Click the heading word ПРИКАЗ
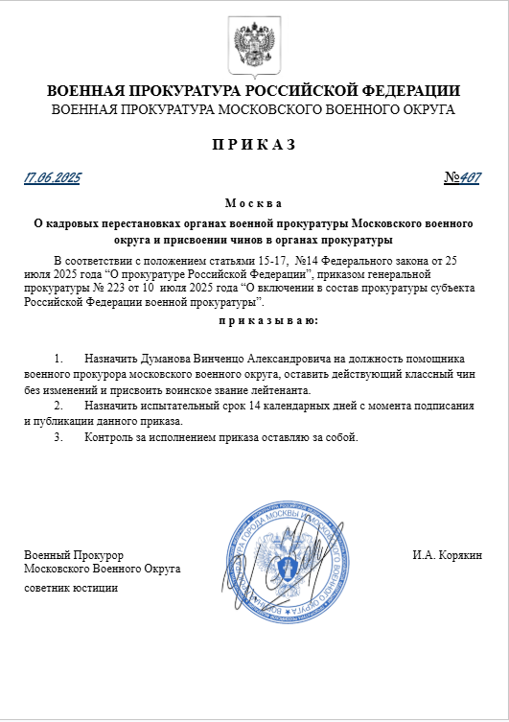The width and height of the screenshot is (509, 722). pos(254,145)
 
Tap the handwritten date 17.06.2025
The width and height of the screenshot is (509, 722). pos(54,178)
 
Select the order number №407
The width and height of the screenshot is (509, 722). pos(463,178)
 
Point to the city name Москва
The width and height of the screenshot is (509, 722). pos(253,203)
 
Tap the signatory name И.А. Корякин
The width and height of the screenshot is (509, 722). pos(447,555)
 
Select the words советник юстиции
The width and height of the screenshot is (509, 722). pos(71,587)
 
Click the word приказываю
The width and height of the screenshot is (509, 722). pos(254,320)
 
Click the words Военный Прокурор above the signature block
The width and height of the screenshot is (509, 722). pos(74,555)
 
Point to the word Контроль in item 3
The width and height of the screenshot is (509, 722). pos(107,438)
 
